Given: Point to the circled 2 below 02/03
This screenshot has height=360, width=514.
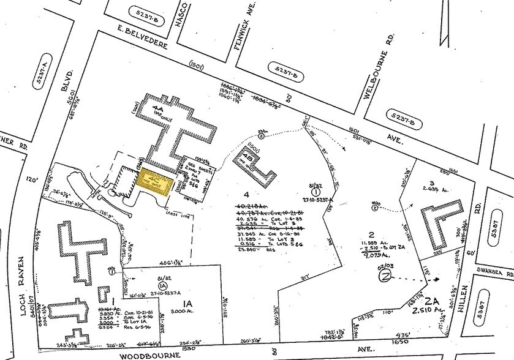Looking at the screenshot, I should point(385,275).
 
